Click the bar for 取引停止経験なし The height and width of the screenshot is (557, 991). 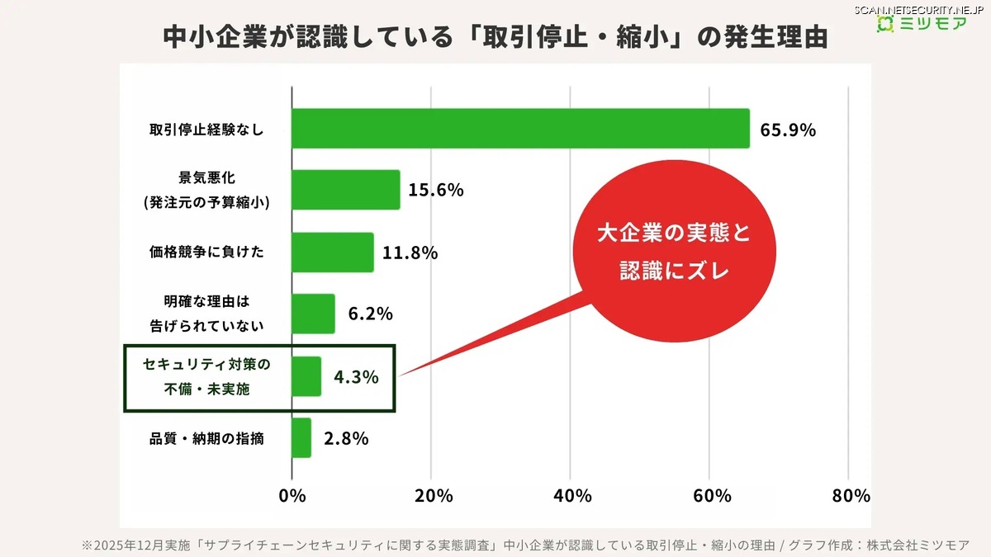pos(520,129)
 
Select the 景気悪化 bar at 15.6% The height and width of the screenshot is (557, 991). pos(346,190)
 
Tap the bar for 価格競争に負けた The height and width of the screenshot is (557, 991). pos(333,252)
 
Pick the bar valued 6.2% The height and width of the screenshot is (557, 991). pos(313,314)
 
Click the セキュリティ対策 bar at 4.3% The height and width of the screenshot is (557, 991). pos(306,376)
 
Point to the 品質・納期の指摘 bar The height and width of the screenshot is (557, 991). pos(301,438)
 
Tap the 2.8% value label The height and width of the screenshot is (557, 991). pos(346,439)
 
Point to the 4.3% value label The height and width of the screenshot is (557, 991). pos(356,377)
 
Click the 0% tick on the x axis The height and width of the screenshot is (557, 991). pos(292,496)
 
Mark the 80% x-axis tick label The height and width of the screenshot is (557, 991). pos(851,496)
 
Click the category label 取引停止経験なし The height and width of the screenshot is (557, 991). pos(206,130)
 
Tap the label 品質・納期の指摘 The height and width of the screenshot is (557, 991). pos(206,439)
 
